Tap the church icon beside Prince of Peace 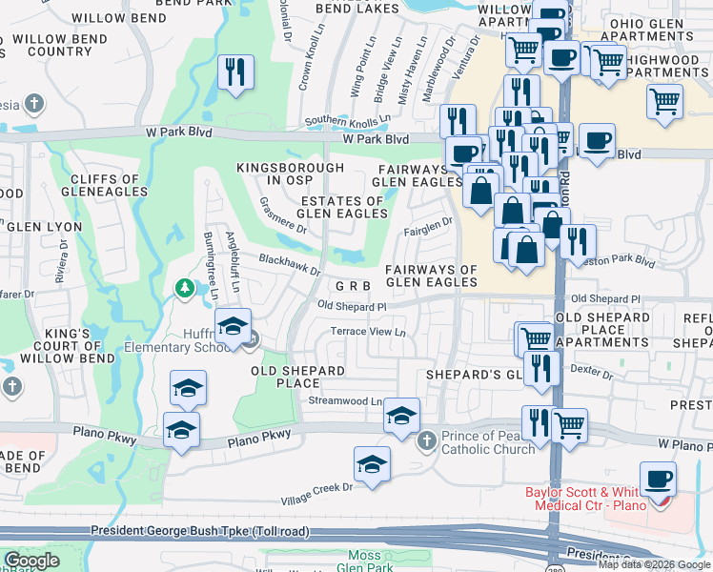[426, 438]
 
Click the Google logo [31, 561]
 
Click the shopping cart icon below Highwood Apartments [664, 100]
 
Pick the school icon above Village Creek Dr [372, 464]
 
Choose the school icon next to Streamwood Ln [401, 415]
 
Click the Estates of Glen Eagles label [342, 208]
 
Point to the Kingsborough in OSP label [290, 174]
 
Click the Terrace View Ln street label [368, 332]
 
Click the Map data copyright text [654, 563]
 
